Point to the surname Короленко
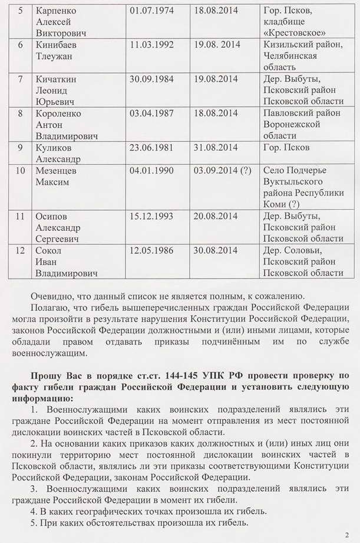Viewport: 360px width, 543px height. [x=58, y=113]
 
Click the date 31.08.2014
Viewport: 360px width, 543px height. [x=215, y=147]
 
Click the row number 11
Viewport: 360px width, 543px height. [x=20, y=216]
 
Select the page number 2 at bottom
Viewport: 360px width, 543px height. [x=346, y=535]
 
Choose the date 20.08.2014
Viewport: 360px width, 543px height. [x=215, y=216]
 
